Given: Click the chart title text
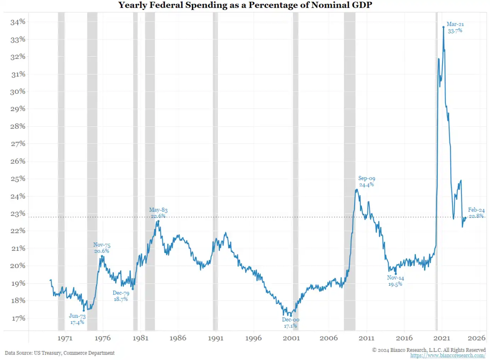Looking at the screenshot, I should point(245,5).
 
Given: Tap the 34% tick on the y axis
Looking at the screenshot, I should point(18,22).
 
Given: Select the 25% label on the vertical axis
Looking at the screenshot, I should point(18,179).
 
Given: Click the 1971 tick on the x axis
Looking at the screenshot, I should point(65,338).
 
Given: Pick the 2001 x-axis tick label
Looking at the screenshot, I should point(291,338).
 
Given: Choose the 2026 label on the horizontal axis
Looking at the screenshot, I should point(476,338).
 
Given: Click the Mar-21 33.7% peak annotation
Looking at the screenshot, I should point(455,28).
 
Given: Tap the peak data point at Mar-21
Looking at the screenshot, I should point(443,27).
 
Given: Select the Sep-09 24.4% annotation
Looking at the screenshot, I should point(367,181).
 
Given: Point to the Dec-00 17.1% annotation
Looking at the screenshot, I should point(291,323).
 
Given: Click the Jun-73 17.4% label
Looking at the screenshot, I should point(77,319).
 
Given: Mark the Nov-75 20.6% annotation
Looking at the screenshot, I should point(102,248).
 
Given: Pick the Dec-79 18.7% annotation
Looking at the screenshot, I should point(121,296).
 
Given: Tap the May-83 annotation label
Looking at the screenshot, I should point(158,210).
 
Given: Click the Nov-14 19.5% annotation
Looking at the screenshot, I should point(395,281).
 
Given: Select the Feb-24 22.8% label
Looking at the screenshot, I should point(476,213).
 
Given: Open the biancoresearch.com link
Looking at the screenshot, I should point(448,355).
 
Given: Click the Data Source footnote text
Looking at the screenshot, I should point(60,353).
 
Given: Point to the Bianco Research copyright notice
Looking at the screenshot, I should point(429,350).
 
